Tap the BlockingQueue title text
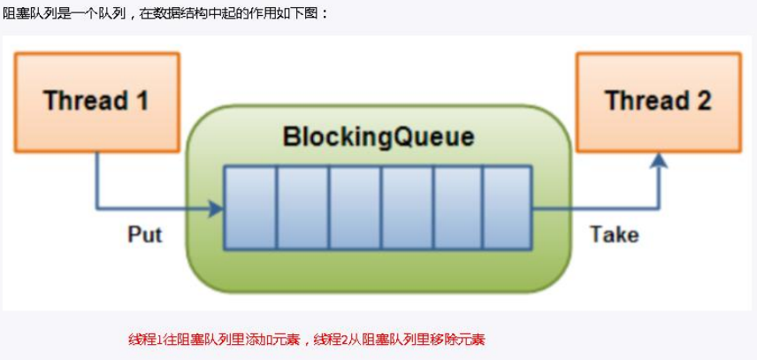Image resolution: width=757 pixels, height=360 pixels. (x=378, y=138)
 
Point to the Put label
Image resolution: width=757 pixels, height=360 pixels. (x=145, y=234)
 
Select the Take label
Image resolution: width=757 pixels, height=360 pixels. (x=614, y=234)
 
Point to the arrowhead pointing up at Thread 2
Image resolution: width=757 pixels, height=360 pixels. (x=658, y=161)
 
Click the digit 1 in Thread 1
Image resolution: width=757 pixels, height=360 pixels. (x=141, y=100)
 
